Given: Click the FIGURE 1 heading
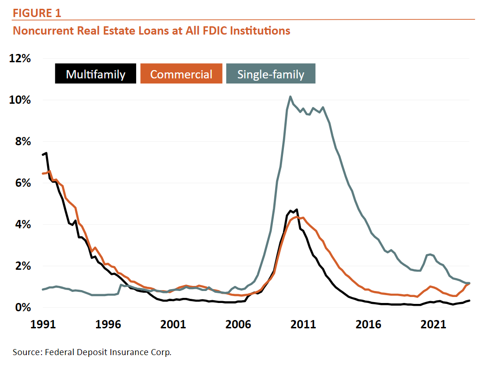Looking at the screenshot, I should (37, 13).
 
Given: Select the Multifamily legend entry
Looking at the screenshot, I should (96, 74).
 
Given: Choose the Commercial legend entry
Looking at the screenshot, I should (181, 74).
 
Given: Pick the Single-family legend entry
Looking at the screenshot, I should (271, 74).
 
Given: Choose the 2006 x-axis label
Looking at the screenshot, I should (238, 324).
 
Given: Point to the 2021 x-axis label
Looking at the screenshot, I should (434, 324).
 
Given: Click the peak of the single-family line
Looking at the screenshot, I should (290, 96).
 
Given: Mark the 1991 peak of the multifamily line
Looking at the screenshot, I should (46, 153).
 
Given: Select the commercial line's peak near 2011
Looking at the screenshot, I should (296, 216).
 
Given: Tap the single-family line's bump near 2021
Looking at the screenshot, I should (430, 254).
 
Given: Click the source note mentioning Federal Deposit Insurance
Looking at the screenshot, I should (92, 352).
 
